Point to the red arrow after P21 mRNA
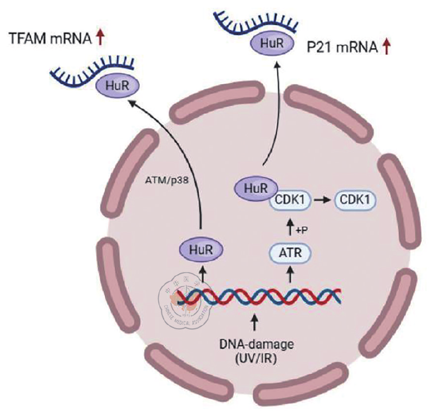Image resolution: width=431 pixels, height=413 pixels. point(387,48)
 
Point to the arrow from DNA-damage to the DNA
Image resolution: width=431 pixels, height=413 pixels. point(253,323)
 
